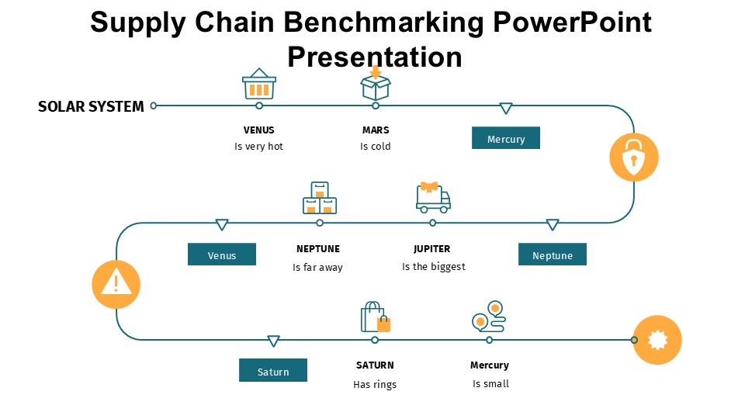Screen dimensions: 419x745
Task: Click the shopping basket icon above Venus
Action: (x=259, y=84)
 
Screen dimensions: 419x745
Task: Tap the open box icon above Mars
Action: (x=376, y=84)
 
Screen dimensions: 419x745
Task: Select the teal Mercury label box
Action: (x=506, y=138)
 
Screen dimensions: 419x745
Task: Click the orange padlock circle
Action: (x=634, y=158)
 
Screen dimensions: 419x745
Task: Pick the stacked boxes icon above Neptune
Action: (x=320, y=198)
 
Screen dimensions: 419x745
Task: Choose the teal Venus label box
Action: (x=222, y=255)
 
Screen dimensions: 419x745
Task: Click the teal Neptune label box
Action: (x=553, y=255)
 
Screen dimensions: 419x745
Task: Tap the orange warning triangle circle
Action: (x=116, y=283)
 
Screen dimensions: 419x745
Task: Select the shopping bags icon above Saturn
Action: (x=376, y=317)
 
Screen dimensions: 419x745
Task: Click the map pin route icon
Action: (x=489, y=317)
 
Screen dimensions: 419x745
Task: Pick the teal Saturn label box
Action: (x=273, y=371)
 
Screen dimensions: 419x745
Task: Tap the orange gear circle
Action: (x=657, y=340)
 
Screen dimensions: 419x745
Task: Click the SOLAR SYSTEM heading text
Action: (x=91, y=107)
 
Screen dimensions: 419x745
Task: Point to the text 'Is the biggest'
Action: (x=434, y=267)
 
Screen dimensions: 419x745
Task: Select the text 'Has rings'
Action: (x=375, y=384)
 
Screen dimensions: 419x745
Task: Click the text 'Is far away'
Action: (x=317, y=268)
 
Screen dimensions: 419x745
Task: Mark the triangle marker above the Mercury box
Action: (x=506, y=109)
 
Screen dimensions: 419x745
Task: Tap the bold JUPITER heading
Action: (x=432, y=249)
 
